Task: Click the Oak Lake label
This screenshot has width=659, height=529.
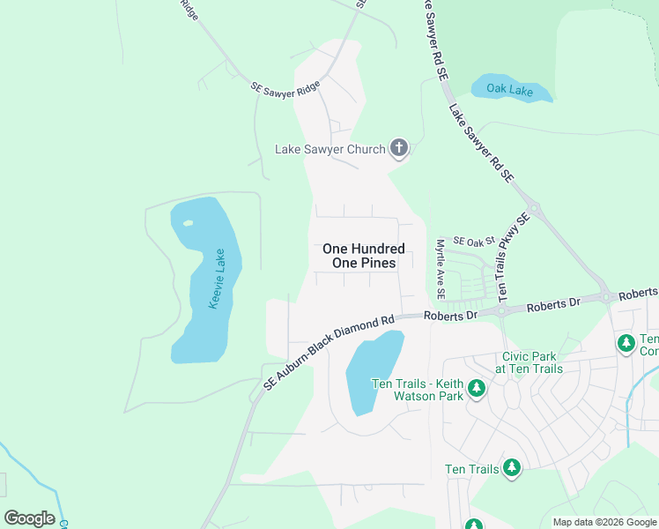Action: click(x=512, y=88)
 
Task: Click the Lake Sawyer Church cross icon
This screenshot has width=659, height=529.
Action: click(x=399, y=148)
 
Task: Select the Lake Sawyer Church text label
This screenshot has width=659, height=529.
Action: click(x=330, y=149)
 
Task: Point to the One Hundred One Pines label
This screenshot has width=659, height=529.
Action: click(x=364, y=256)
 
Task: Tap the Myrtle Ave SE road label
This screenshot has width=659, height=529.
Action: click(x=441, y=268)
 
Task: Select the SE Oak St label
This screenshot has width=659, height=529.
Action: click(x=475, y=240)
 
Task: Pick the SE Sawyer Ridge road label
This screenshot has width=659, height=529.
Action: click(x=285, y=88)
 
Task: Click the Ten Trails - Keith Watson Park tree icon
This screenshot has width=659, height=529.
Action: click(x=477, y=387)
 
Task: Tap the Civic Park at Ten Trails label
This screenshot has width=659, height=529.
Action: click(x=528, y=362)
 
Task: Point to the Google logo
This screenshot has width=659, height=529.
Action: click(x=29, y=518)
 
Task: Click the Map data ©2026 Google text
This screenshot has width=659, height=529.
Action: click(x=603, y=522)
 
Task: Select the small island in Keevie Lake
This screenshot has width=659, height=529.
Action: click(x=189, y=222)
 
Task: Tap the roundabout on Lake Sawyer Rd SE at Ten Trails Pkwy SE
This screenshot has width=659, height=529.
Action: click(x=535, y=210)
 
